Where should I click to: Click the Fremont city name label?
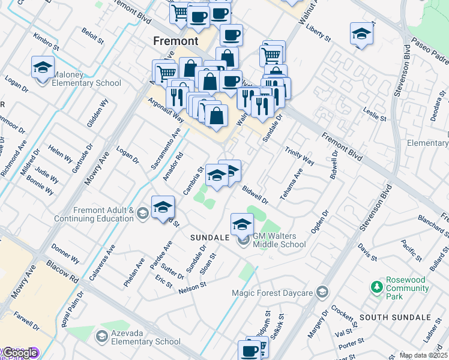[x=175, y=41]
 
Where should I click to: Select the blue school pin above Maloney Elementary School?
[x=43, y=68]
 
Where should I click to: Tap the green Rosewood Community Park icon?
[x=376, y=287]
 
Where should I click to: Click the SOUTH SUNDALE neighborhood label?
[x=395, y=317]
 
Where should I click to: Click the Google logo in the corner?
[x=19, y=353]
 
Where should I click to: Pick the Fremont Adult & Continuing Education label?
[x=103, y=214]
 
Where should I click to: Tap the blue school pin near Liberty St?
[x=362, y=34]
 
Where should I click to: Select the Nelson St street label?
[x=192, y=289]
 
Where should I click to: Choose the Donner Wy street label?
[x=65, y=254]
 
